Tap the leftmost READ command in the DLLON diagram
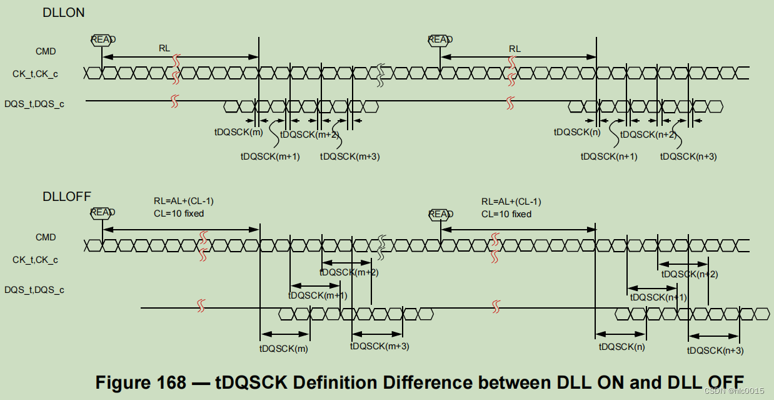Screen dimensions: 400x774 [103, 39]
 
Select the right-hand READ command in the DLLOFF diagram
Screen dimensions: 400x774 [440, 214]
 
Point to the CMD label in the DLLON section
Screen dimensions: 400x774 [46, 51]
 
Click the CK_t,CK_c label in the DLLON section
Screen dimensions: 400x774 [35, 74]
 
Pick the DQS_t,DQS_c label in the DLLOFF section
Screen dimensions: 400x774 [34, 290]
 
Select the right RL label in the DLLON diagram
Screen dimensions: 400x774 [515, 48]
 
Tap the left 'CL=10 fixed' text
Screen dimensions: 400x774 [179, 213]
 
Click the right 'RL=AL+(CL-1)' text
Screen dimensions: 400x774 [511, 202]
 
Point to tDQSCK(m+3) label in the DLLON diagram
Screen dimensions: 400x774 [349, 156]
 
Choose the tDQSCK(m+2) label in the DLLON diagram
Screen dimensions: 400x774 [309, 135]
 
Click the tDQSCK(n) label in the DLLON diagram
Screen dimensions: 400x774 [577, 132]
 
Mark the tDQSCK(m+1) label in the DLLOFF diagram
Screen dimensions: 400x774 [318, 295]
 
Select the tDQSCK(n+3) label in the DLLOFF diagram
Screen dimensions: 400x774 [715, 351]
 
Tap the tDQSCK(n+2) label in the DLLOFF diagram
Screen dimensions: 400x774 [690, 274]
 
